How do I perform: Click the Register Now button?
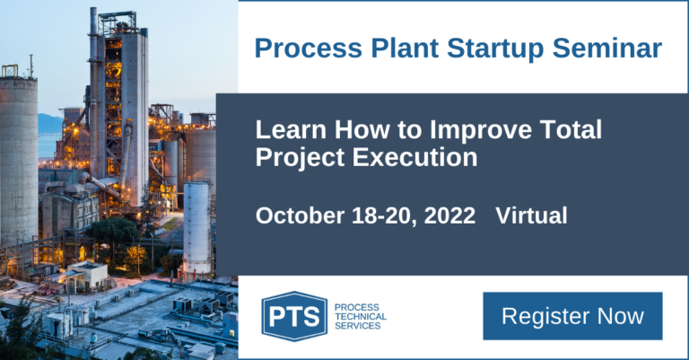572,316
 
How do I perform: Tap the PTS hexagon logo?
293,316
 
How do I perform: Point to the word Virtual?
531,215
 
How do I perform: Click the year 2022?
448,215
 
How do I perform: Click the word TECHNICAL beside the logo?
360,316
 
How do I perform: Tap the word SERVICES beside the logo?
357,326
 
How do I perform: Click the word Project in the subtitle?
295,158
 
